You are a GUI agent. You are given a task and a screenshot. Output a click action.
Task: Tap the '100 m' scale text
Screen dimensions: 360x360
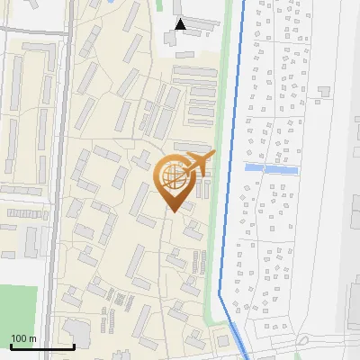[x=24, y=337]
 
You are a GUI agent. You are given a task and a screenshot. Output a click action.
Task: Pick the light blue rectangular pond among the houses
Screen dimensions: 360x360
[x=271, y=168]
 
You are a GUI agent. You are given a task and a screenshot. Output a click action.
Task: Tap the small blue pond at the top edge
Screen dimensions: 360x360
[x=109, y=3]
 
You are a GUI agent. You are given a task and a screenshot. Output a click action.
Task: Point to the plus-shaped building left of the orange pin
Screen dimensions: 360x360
[x=141, y=161]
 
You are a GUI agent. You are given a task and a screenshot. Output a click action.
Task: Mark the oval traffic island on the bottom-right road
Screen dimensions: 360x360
[x=306, y=341]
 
